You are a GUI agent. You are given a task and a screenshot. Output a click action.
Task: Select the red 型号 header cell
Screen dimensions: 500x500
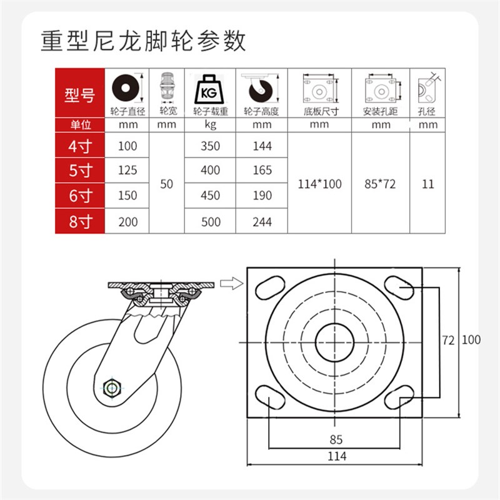pyautogui.click(x=79, y=95)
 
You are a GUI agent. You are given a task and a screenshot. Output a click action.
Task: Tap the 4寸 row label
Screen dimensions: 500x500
pyautogui.click(x=79, y=146)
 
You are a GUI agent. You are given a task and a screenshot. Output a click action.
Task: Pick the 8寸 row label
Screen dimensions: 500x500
pyautogui.click(x=79, y=221)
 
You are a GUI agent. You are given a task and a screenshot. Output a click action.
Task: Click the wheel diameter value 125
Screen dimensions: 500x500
pyautogui.click(x=127, y=171)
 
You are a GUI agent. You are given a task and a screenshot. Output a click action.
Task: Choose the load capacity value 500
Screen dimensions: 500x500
pyautogui.click(x=211, y=221)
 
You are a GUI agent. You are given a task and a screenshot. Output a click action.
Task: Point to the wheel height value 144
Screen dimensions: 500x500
pyautogui.click(x=262, y=146)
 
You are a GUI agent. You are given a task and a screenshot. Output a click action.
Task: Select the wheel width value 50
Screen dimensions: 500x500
pyautogui.click(x=166, y=184)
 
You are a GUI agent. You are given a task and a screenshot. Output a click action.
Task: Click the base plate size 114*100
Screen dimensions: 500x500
pyautogui.click(x=319, y=184)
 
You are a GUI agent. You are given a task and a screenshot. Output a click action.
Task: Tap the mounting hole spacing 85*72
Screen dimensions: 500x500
pyautogui.click(x=380, y=184)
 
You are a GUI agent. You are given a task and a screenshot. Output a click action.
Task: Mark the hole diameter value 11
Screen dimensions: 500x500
pyautogui.click(x=427, y=184)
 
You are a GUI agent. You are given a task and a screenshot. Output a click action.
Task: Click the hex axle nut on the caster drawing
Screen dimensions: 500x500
pyautogui.click(x=112, y=387)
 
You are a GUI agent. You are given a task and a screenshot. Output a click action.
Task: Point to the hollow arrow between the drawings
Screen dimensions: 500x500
pyautogui.click(x=231, y=284)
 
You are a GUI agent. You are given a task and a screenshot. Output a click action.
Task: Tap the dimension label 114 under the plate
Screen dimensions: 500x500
pyautogui.click(x=336, y=456)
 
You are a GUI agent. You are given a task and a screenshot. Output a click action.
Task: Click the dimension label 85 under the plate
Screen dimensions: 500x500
pyautogui.click(x=336, y=439)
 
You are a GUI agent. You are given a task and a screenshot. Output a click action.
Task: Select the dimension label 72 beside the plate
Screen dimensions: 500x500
pyautogui.click(x=447, y=340)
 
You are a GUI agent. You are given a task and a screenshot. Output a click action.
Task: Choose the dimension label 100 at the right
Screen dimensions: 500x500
pyautogui.click(x=471, y=340)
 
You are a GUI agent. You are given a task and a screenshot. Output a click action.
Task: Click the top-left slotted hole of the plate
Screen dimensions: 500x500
pyautogui.click(x=267, y=287)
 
